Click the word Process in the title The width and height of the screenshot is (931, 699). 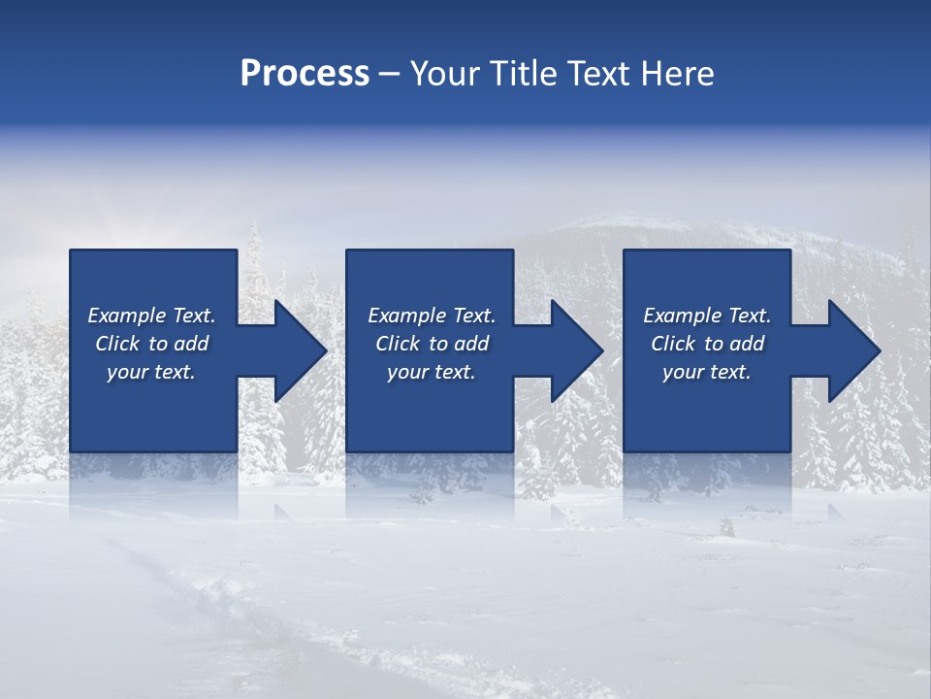click(305, 74)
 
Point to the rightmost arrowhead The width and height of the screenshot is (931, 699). click(852, 350)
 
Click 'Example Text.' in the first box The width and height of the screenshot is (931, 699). click(151, 316)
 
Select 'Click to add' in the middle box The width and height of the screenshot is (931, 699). click(432, 344)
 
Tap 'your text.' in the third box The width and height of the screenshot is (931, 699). click(707, 372)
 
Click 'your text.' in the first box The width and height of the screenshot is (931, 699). click(151, 372)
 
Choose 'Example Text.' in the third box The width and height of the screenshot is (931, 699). click(707, 316)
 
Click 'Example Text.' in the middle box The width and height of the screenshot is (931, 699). click(432, 316)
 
